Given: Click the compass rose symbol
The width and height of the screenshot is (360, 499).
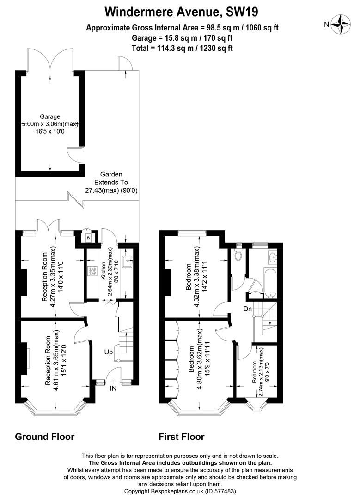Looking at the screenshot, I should tap(342, 24).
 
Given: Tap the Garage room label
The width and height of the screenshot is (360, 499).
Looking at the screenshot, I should tap(49, 117).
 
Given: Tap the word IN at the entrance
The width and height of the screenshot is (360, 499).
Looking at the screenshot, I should tap(113, 389).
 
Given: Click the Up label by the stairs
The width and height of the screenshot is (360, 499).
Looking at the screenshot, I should tap(108, 352).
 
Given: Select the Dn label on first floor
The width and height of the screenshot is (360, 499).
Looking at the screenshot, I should tap(248, 309).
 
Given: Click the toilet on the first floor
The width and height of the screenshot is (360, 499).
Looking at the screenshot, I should tap(238, 254).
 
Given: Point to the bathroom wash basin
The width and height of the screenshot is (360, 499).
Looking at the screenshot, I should tap(273, 257).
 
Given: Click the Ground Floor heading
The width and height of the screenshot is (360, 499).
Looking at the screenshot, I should tap(45, 437).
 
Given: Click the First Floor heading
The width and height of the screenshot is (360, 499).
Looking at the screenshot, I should tap(182, 437).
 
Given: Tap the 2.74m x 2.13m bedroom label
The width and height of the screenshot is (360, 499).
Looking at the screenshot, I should tap(261, 373).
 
